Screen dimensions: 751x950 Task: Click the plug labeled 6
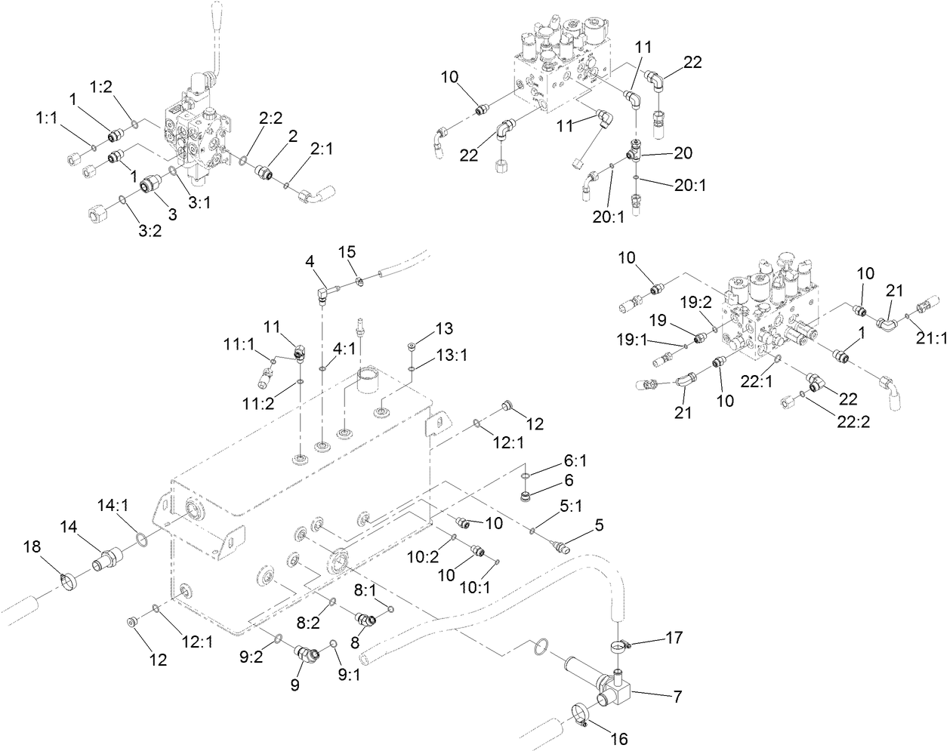(x=527, y=496)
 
